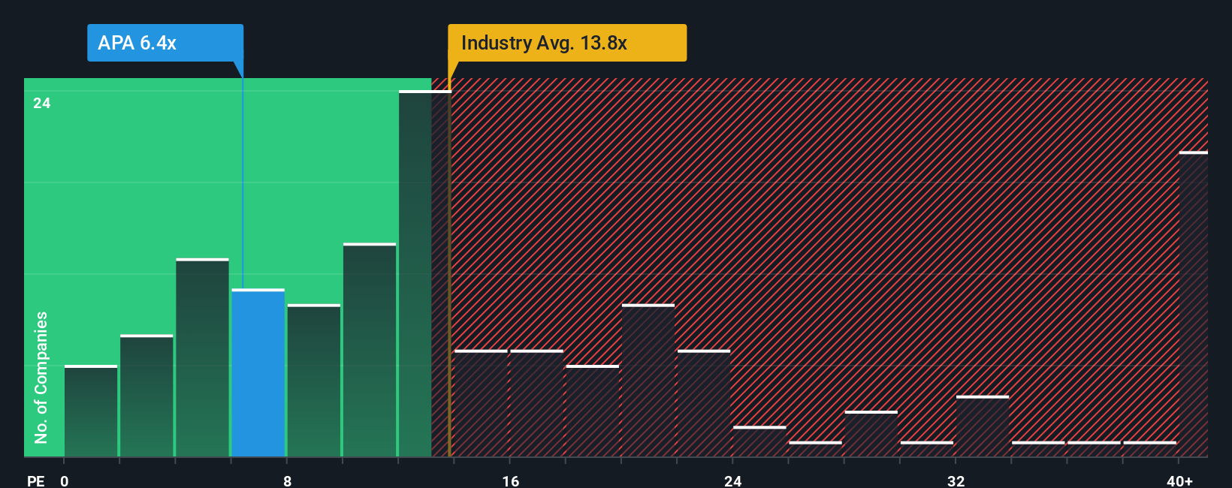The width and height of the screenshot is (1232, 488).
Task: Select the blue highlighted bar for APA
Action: point(258,373)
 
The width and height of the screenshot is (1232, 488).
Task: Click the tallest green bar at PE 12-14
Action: point(415,274)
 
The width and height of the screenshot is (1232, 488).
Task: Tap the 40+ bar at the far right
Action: point(1193,304)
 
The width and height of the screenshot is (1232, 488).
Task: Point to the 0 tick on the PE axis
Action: point(65,480)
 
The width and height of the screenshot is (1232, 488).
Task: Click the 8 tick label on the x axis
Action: point(288,480)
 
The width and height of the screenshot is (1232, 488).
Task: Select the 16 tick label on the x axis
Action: point(510,480)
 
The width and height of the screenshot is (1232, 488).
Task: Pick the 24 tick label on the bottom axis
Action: point(733,480)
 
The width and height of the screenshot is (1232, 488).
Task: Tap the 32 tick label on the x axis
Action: point(956,480)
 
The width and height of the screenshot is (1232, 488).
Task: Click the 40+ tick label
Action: point(1179,480)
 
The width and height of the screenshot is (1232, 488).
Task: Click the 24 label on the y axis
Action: point(42,104)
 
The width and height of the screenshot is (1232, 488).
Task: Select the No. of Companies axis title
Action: point(41,377)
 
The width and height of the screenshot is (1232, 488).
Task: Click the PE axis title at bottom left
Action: point(36,480)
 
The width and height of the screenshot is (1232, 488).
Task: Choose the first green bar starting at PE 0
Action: point(91,411)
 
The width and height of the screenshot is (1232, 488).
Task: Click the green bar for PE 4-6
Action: point(203,358)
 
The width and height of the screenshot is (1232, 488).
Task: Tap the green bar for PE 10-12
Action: point(370,351)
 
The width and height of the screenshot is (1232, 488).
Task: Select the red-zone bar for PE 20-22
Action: point(648,381)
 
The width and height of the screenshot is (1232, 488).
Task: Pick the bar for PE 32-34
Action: point(983,426)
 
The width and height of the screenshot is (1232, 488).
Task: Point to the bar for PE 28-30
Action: point(871,434)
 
